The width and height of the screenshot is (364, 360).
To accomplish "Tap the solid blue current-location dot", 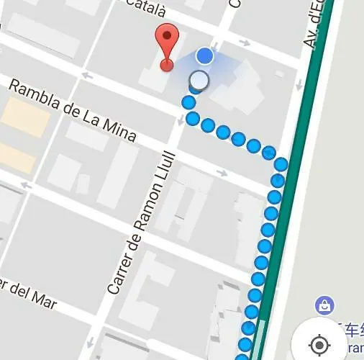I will click(205, 55).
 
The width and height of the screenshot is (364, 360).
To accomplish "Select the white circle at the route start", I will click(199, 80).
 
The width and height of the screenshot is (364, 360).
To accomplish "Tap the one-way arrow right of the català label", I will click(244, 44).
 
